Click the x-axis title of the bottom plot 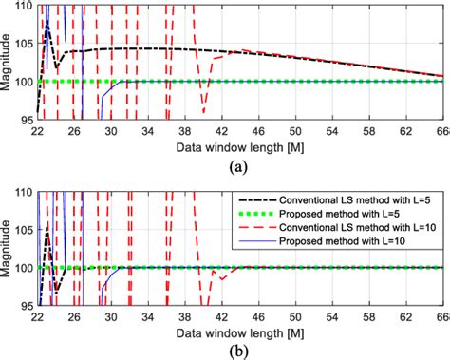pos(240,331)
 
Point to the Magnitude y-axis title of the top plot pos(9,62)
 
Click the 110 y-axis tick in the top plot pos(23,6)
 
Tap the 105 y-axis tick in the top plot pos(23,43)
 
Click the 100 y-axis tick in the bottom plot pos(23,268)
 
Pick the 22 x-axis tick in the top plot pos(38,129)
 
